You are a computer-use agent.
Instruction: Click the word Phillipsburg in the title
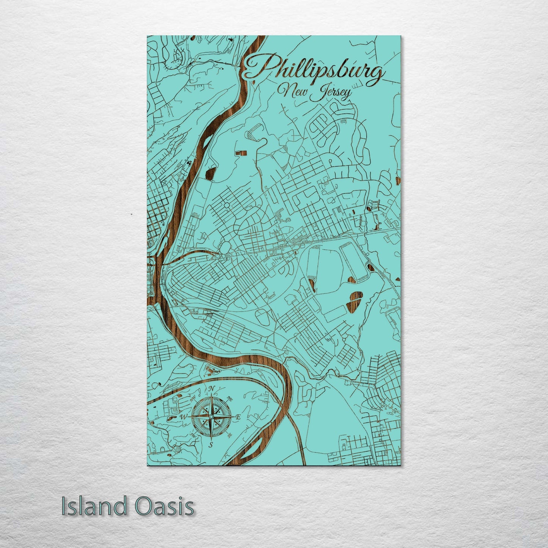pos(313,71)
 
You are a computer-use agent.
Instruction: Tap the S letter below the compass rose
pos(211,445)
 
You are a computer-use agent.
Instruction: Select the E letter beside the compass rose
pos(238,417)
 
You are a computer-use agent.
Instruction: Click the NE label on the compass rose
pos(229,398)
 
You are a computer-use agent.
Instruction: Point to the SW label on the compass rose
pos(193,435)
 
